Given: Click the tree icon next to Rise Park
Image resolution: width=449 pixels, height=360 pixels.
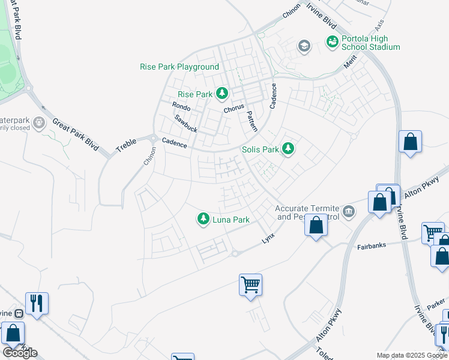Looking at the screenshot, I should coord(223,94).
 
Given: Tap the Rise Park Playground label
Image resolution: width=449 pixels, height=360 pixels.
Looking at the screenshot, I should coord(179,67).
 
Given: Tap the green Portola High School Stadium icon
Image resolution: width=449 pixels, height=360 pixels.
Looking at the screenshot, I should coord(332,41).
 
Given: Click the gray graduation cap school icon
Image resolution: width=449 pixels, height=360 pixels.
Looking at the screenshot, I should coord(304,46).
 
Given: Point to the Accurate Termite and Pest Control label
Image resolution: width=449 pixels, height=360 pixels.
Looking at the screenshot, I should coord(307,212).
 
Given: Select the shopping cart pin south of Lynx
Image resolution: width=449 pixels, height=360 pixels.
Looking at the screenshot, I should coord(250,284).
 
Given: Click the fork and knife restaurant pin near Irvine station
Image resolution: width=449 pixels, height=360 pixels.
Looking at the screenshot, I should coord(37,303).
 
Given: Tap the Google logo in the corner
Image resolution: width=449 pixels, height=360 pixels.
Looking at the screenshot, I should coord(20,352).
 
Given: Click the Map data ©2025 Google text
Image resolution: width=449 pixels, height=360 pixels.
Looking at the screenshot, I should coord(412,355).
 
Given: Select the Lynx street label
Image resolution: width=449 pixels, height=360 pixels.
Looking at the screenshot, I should coord(268,238).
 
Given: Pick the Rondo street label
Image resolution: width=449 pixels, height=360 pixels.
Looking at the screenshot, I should coord(181,107).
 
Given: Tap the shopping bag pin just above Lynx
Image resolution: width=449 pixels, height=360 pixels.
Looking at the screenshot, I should coord(316,226).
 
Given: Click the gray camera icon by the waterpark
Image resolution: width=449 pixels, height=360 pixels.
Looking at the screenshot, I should coord(39,123).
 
